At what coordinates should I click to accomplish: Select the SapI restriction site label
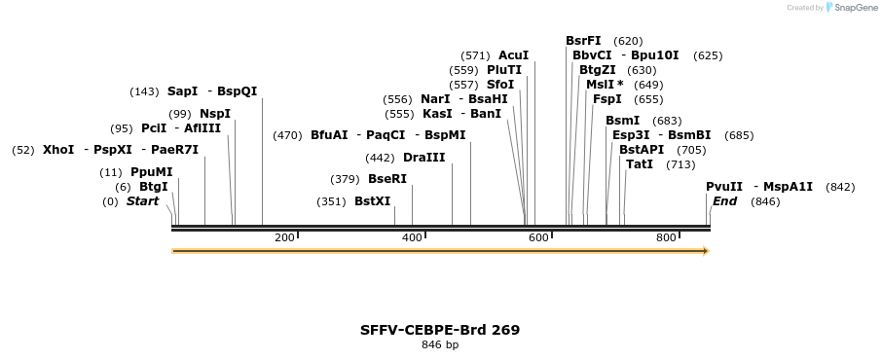pos(182,91)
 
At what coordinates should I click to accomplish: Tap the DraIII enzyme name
pos(423,158)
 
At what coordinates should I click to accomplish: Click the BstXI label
pos(372,201)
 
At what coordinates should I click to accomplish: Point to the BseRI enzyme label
pos(386,179)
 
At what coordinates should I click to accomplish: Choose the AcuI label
pos(513,55)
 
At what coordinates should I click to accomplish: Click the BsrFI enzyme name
pos(583,41)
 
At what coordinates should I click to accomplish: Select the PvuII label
pos(724,187)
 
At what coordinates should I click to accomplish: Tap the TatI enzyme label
pos(640,164)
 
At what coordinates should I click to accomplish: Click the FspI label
pos(607,99)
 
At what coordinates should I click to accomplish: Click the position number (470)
pos(287,135)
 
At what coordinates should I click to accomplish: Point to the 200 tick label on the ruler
pos(284,238)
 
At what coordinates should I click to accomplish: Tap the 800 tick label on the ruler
pos(666,238)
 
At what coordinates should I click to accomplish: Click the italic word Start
pos(142,201)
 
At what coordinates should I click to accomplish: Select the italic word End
pos(724,201)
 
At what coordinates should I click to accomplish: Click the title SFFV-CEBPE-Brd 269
pos(440,330)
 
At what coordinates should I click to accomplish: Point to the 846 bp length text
pos(440,345)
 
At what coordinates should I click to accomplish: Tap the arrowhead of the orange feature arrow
pos(706,251)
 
